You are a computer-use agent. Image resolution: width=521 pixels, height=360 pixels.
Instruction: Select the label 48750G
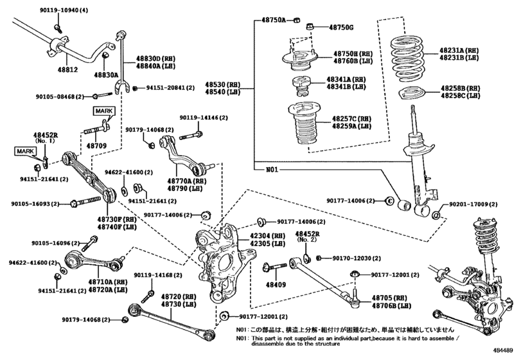[340, 27]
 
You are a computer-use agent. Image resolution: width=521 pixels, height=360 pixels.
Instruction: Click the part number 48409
[275, 283]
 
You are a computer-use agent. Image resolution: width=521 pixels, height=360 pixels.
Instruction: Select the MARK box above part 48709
[104, 111]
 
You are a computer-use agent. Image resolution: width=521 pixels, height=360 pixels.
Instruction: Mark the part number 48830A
[105, 75]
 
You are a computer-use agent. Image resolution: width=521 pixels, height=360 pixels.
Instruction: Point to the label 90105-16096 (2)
[55, 243]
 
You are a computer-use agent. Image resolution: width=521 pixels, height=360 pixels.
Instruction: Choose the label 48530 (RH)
[222, 84]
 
